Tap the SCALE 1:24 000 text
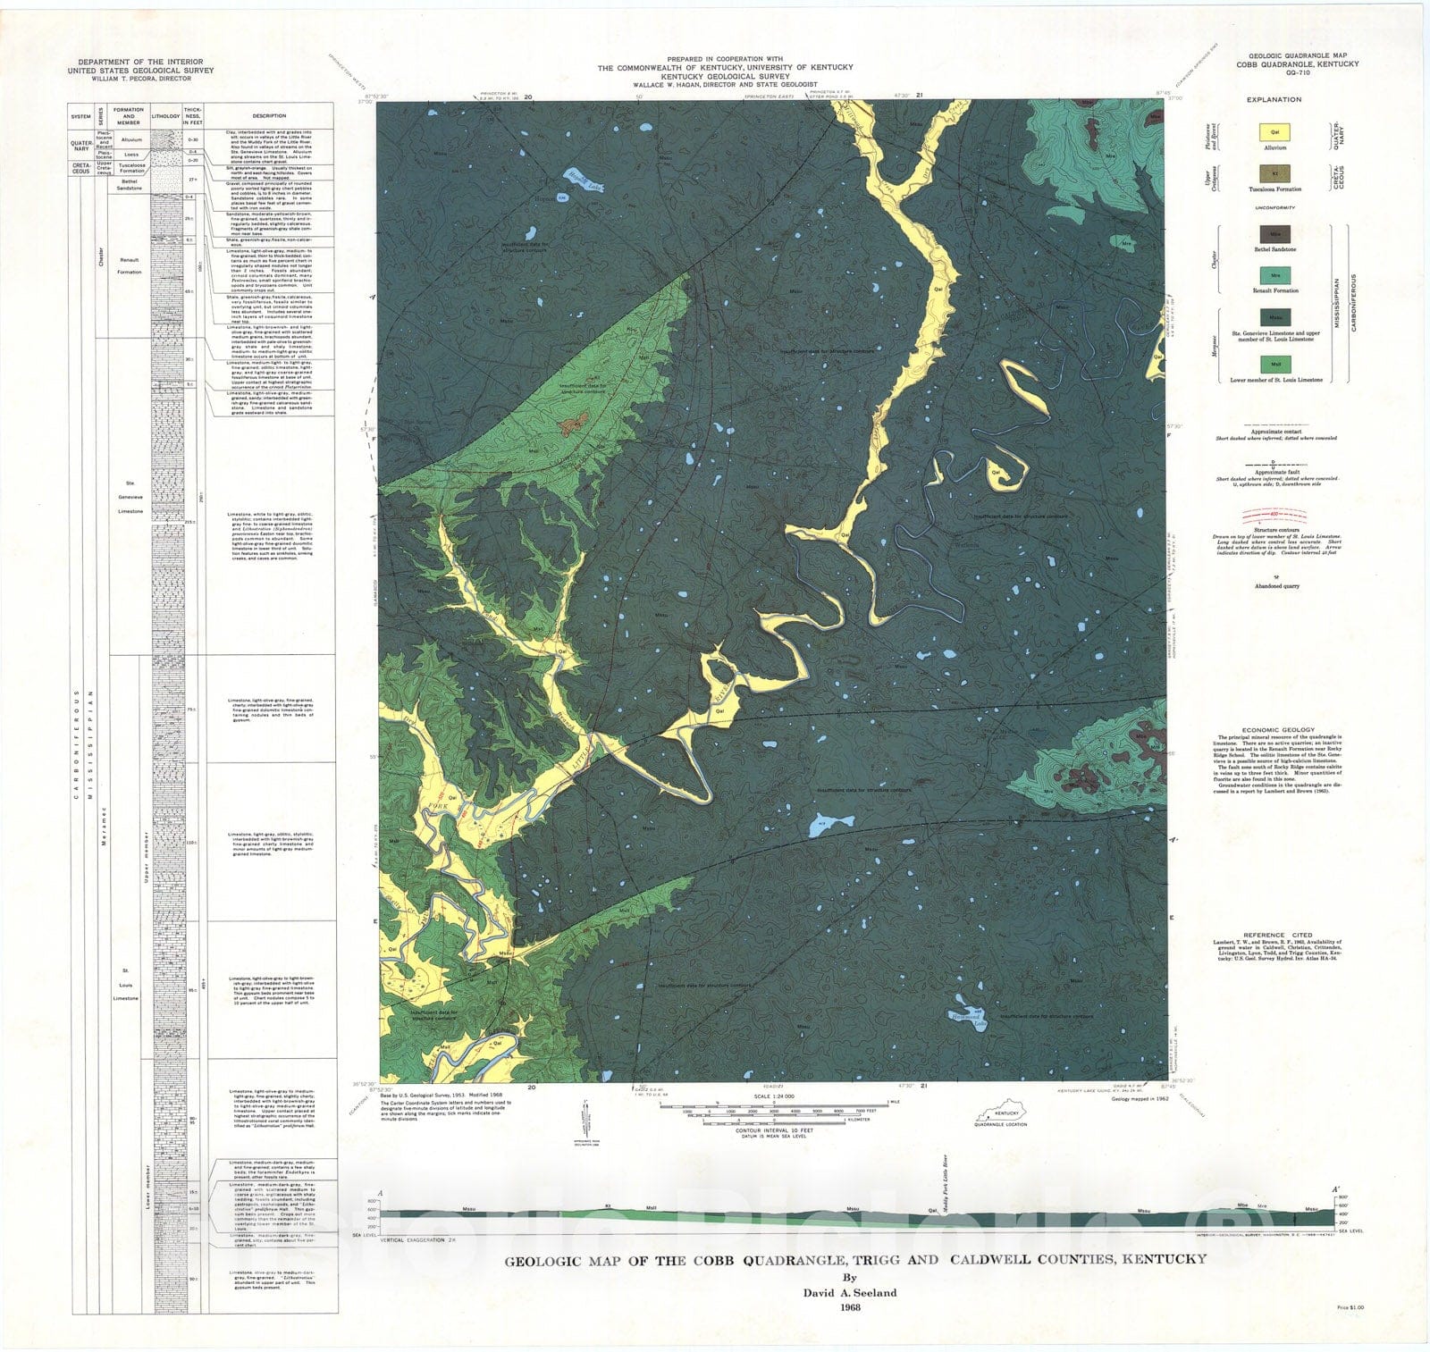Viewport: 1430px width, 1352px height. tap(774, 1096)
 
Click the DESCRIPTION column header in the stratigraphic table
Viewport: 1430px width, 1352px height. tap(269, 115)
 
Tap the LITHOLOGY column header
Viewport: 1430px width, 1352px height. tap(165, 115)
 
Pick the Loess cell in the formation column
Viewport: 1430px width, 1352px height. tap(130, 153)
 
